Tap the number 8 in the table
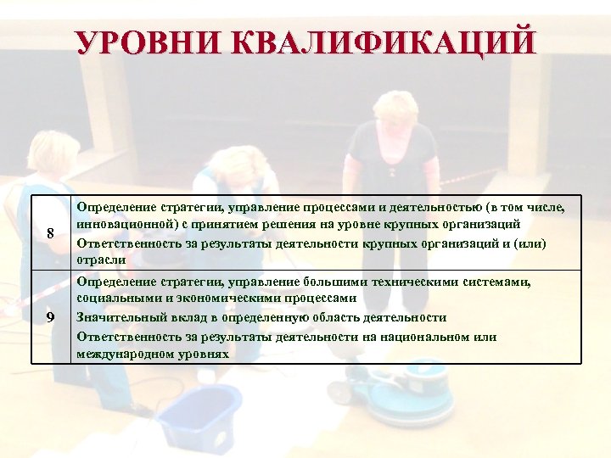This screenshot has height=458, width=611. pos(51,233)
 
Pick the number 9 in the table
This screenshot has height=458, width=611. pos(51,317)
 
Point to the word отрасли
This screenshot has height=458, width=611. pos(101,260)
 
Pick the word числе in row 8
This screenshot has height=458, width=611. pos(542,205)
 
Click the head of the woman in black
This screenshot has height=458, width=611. pos(395,107)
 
